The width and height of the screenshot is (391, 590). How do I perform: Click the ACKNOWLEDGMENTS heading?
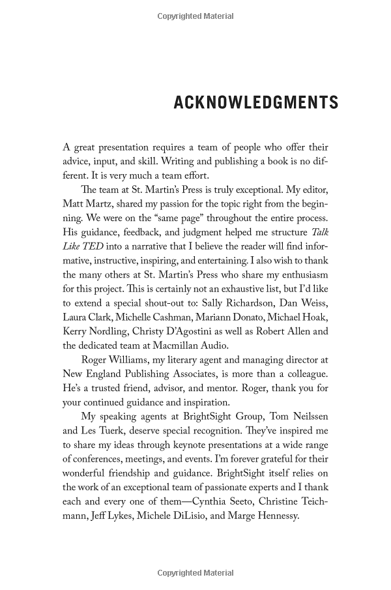click(256, 103)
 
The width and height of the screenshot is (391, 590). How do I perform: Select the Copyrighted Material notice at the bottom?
click(195, 574)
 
